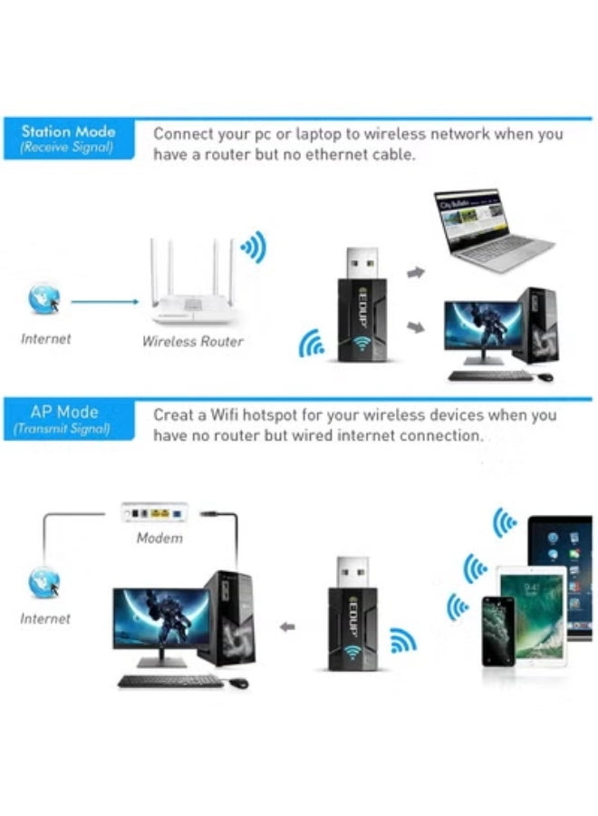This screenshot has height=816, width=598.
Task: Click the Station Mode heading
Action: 68,131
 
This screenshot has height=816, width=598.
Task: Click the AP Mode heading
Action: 63,412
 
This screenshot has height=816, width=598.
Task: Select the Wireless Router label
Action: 192,342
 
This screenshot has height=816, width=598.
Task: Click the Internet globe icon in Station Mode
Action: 43,298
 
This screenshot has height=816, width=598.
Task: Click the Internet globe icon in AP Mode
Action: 43,580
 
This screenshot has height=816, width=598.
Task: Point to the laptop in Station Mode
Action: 489,231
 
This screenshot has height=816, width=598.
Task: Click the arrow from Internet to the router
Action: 103,302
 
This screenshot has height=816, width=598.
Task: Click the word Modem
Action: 159,538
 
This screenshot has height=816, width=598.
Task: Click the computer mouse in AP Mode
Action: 238,683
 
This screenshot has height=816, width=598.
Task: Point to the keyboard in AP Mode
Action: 169,681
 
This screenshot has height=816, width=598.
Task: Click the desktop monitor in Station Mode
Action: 481,332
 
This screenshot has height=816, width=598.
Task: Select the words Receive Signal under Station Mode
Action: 67,148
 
